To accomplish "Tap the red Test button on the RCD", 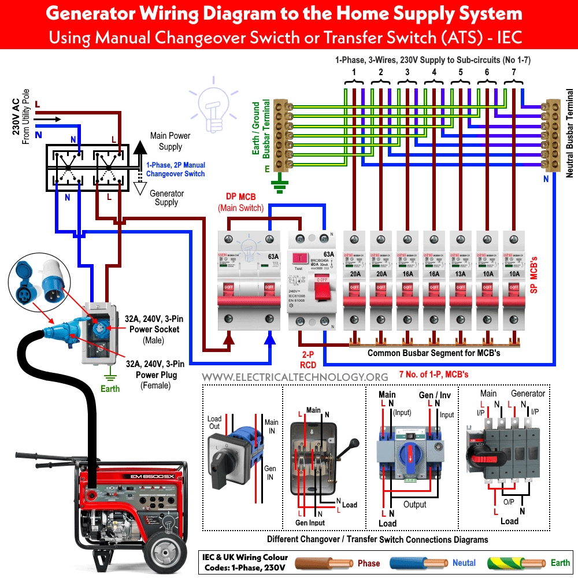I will click(299, 258).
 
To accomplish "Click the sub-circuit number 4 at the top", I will click(433, 72).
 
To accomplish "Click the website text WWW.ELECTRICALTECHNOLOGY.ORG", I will click(295, 376).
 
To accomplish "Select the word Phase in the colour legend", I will click(369, 563).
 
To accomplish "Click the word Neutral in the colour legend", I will click(464, 563).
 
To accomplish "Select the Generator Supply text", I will click(166, 198).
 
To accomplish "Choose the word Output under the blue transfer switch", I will click(414, 504).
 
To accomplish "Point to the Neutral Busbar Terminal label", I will click(569, 133).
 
